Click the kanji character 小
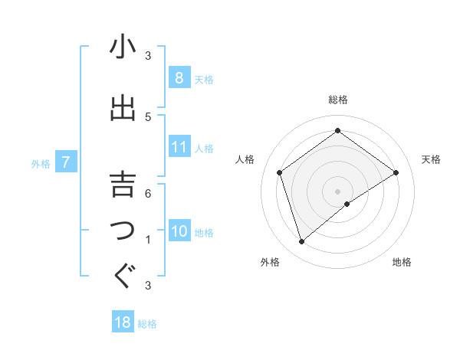click(x=123, y=47)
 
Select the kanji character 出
click(x=123, y=107)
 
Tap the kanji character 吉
click(x=123, y=184)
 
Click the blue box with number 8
click(x=179, y=78)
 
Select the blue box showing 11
click(x=179, y=147)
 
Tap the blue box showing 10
click(x=179, y=232)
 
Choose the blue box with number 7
click(x=67, y=162)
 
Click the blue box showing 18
click(x=123, y=322)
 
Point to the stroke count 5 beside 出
click(x=148, y=116)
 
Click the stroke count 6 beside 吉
click(x=148, y=193)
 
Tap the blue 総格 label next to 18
click(x=147, y=324)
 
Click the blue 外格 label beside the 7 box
click(x=41, y=163)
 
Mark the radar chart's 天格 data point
click(x=396, y=172)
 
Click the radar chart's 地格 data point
click(x=347, y=204)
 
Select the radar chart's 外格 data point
click(x=301, y=242)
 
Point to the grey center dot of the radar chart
click(x=337, y=191)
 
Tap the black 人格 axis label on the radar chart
click(x=245, y=159)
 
